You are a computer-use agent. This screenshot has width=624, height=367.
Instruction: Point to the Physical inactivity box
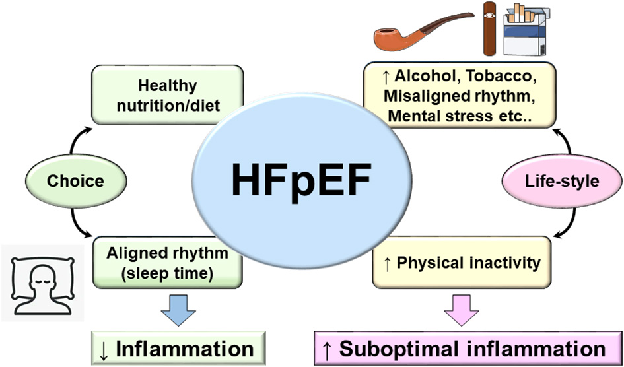460,263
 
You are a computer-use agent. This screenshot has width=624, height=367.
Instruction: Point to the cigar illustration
489,28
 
